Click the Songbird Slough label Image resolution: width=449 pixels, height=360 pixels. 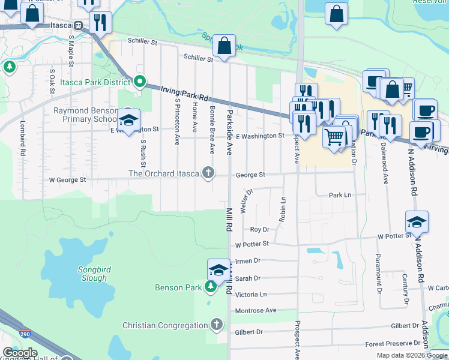[92, 274]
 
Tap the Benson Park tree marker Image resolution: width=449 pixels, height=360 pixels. [210, 287]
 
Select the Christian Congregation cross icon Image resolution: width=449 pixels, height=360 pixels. [216, 325]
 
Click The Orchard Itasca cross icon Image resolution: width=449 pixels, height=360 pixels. [208, 173]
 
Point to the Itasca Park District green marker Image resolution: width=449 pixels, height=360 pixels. [140, 81]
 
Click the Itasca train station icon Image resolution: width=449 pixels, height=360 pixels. [79, 26]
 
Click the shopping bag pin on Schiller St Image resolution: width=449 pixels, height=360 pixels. [224, 46]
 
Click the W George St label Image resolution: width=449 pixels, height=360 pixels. [67, 179]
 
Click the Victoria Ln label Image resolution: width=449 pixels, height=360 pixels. [251, 295]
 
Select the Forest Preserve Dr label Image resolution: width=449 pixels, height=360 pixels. [393, 344]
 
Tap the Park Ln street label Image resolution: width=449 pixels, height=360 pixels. [340, 195]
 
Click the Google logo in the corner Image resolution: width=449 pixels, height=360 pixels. [20, 353]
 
